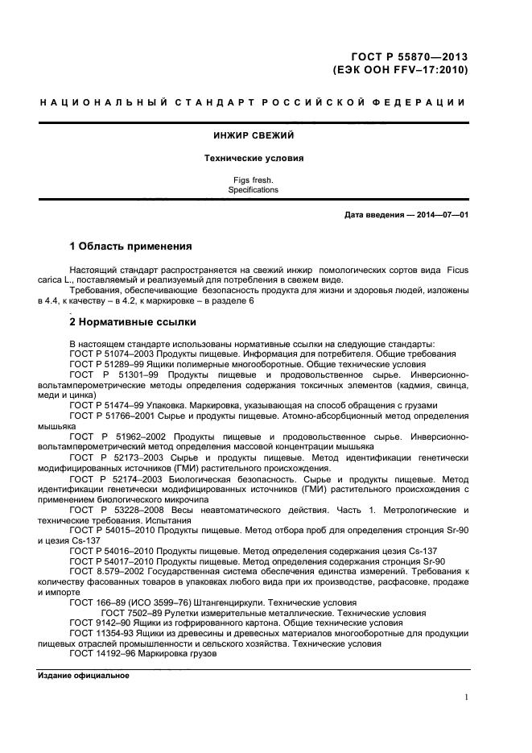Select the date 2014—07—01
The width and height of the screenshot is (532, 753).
pyautogui.click(x=438, y=214)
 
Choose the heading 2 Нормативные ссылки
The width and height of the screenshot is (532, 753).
pyautogui.click(x=133, y=323)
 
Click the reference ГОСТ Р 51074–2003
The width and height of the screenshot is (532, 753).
pyautogui.click(x=110, y=354)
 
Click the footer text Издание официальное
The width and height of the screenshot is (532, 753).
pyautogui.click(x=84, y=675)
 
